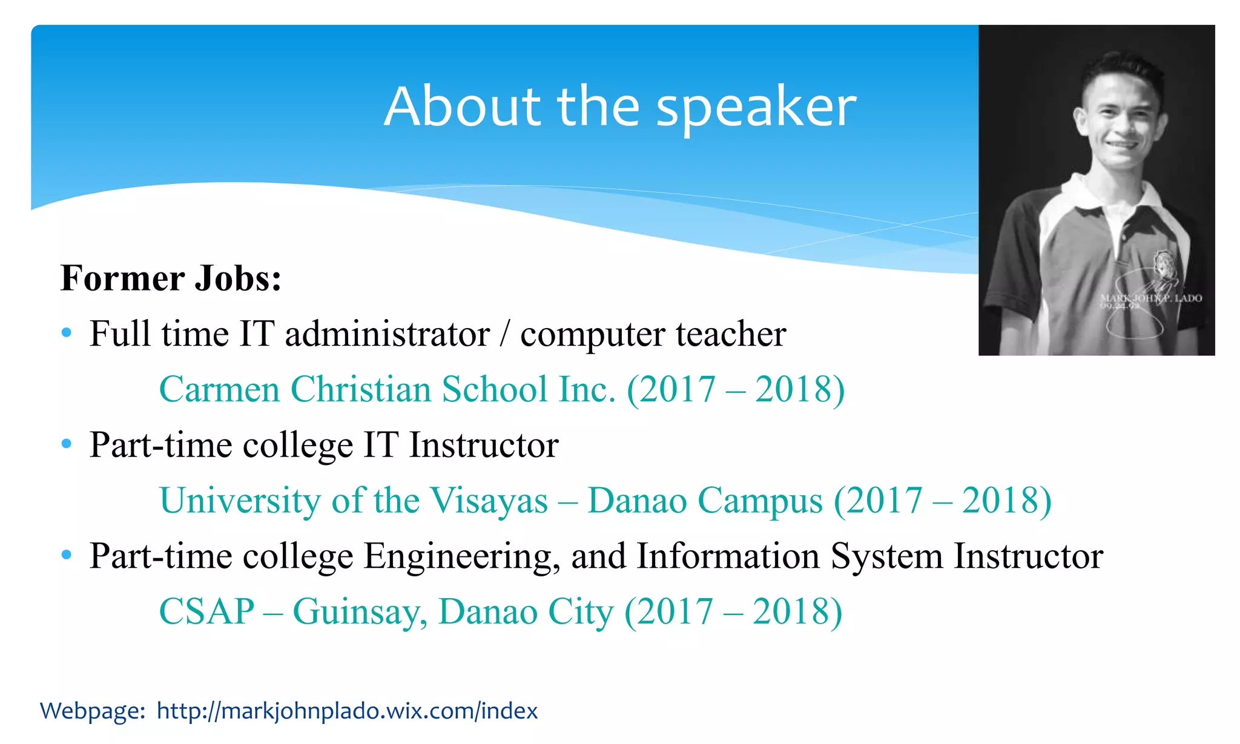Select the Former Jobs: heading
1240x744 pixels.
point(171,278)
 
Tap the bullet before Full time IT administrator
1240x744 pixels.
point(67,333)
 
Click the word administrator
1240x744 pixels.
point(387,334)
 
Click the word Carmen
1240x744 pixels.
point(219,389)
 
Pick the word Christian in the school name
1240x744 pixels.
point(360,389)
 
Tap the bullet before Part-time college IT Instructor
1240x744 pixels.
point(67,444)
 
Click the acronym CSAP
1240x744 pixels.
point(206,611)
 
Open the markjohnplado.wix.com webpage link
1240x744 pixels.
point(347,711)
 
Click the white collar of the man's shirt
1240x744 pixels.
point(1084,194)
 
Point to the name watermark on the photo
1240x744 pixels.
point(1150,298)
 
